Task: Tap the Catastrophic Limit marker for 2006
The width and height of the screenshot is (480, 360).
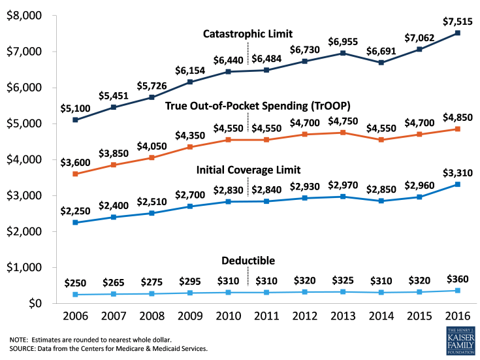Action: pos(76,120)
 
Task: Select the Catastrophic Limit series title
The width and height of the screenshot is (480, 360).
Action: pos(248,33)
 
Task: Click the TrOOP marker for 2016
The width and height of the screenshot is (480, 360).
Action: pos(458,129)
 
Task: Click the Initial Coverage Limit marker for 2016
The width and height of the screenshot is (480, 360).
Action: pos(458,184)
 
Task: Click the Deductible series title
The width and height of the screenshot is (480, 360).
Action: pos(248,261)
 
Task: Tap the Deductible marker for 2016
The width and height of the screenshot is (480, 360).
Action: pos(458,291)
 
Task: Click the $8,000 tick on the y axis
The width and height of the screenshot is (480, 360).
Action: pos(22,16)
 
